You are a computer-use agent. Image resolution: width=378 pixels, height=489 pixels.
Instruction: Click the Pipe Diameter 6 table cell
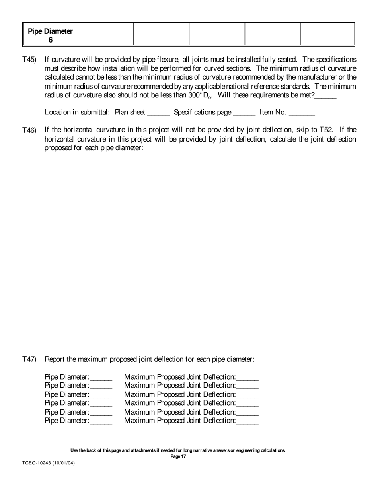[x=51, y=35]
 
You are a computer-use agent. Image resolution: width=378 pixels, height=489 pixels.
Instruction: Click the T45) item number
[x=29, y=60]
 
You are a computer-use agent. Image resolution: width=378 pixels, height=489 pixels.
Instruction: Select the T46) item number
[x=29, y=130]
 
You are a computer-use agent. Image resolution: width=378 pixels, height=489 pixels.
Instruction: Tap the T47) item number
[x=29, y=360]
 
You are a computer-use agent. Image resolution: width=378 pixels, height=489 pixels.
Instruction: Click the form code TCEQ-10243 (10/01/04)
[x=49, y=463]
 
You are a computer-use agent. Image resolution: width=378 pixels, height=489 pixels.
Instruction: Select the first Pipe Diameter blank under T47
[x=101, y=377]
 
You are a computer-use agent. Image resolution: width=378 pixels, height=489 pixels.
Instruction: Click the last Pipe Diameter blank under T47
[x=101, y=421]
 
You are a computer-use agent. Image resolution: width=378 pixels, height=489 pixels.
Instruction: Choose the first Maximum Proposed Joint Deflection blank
[x=247, y=377]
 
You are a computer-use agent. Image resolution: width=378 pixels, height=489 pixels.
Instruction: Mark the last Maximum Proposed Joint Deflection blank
[x=247, y=421]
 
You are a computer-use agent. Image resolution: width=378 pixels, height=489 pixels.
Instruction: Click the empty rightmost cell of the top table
[x=327, y=35]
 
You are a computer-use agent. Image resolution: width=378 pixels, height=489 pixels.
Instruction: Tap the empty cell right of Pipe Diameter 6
[x=106, y=35]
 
